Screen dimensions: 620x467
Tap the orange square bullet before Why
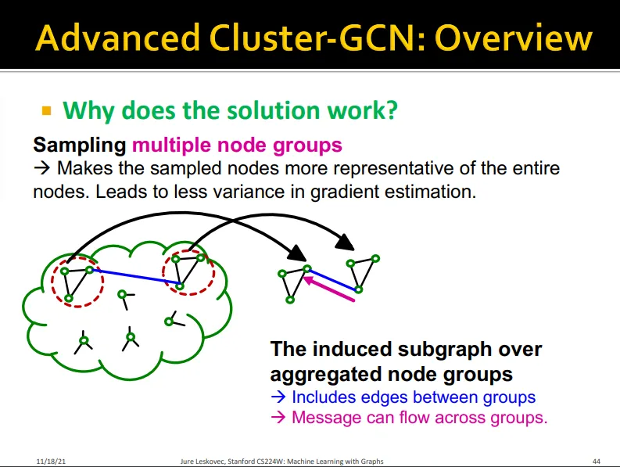coord(46,110)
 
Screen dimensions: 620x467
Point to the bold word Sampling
coord(80,145)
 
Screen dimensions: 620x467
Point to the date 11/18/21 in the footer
coord(48,461)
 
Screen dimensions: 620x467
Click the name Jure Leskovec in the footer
coord(202,461)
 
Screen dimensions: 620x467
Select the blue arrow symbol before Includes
coord(278,397)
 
